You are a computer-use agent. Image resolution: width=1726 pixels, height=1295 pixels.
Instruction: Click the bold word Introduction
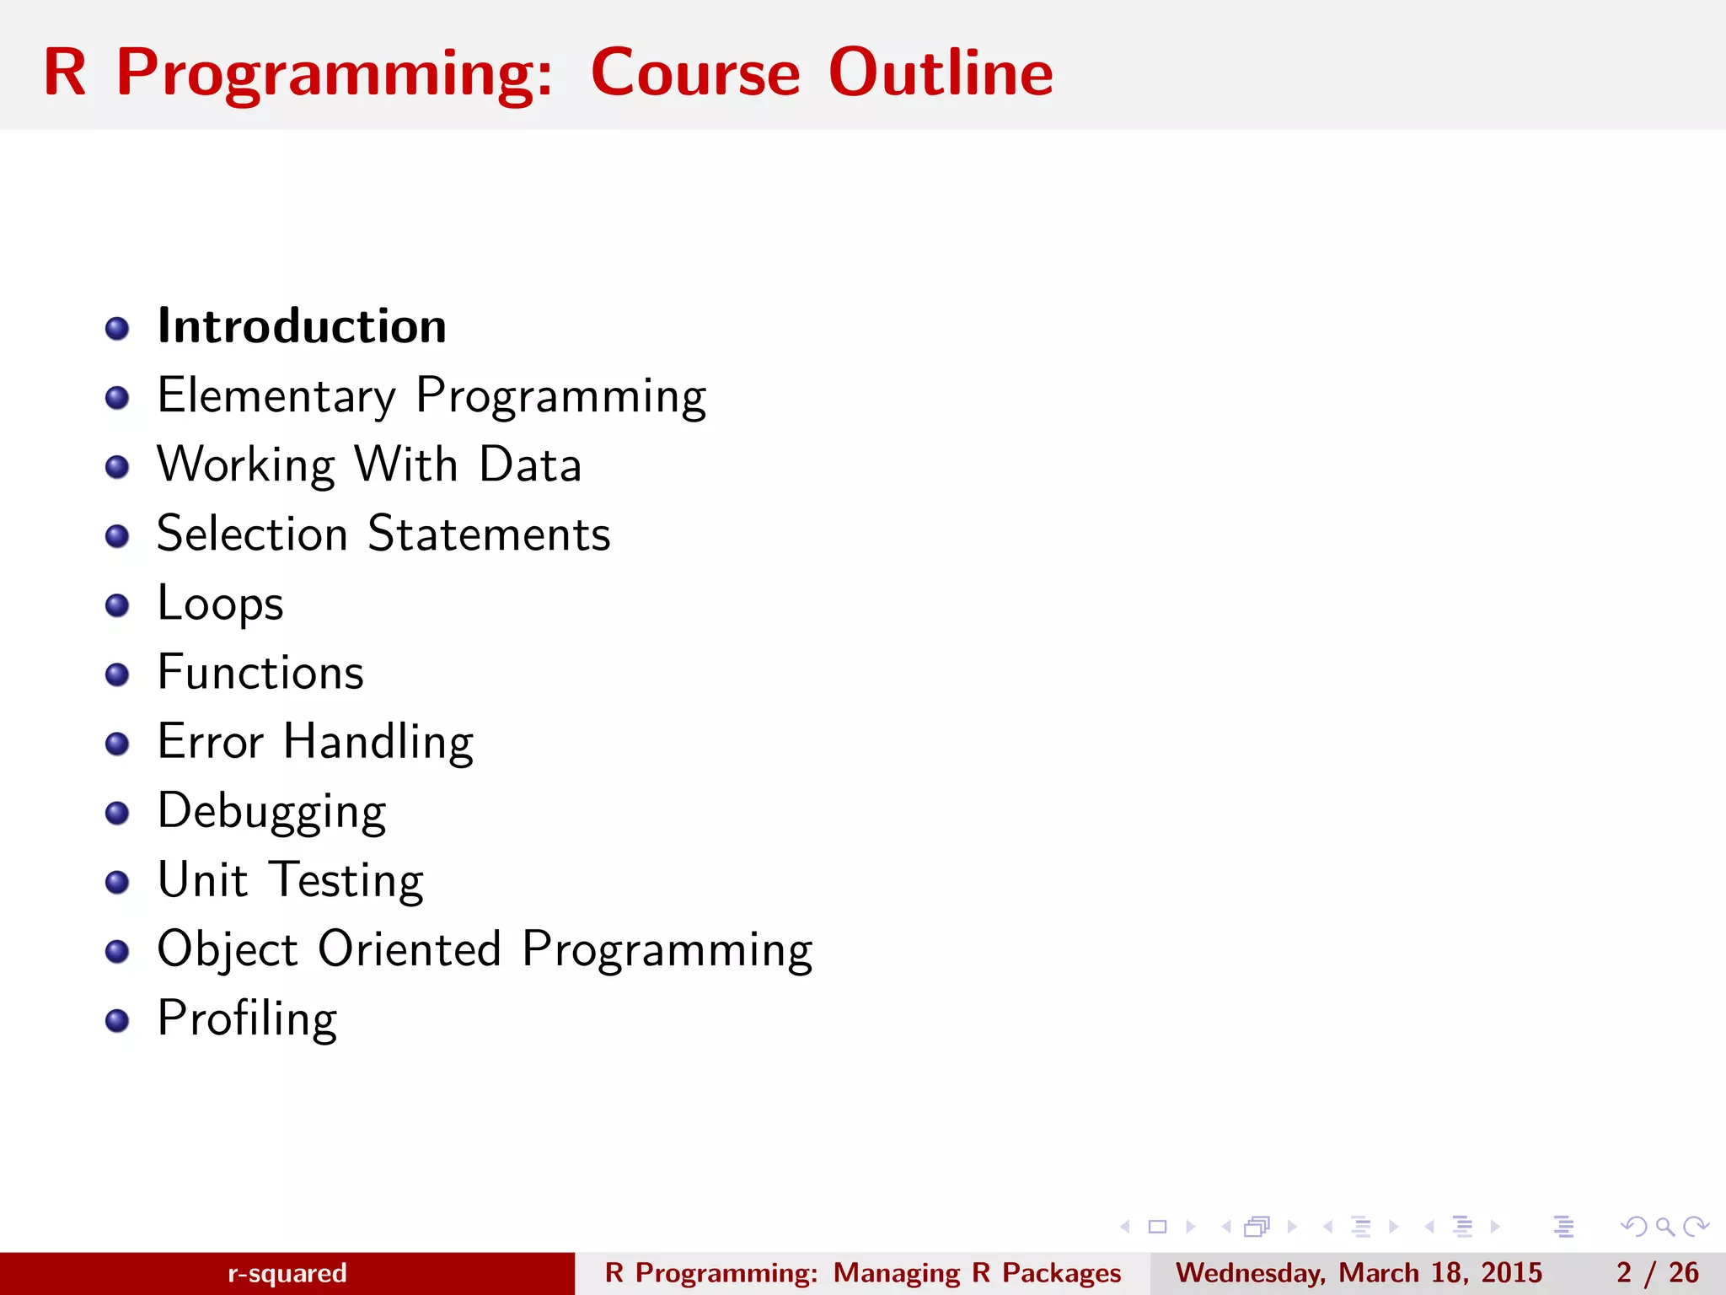(302, 326)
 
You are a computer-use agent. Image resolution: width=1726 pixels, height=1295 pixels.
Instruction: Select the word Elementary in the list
(276, 395)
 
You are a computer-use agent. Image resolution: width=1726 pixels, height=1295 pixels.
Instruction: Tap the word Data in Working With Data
(530, 465)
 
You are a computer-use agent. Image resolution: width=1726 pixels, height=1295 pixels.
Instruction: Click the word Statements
(489, 534)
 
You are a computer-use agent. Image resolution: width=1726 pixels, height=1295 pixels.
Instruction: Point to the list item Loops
(220, 604)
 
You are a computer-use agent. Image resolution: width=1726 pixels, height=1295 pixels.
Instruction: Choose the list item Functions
(260, 673)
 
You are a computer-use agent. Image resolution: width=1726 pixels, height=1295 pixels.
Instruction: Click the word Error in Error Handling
(211, 742)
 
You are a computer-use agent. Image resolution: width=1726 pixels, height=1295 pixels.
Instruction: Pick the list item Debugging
(271, 811)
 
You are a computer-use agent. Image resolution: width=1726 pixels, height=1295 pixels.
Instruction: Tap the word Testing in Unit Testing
(346, 880)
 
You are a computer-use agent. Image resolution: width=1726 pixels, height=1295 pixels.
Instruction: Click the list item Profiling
(247, 1018)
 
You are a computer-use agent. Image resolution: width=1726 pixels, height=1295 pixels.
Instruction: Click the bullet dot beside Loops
(117, 605)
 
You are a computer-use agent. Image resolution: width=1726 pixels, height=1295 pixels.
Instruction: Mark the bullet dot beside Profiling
(117, 1021)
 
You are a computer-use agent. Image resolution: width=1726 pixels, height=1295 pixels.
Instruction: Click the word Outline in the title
(941, 73)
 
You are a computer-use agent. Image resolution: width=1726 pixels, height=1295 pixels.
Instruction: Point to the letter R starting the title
(64, 73)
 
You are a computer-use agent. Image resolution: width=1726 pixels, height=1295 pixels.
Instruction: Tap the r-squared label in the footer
(287, 1273)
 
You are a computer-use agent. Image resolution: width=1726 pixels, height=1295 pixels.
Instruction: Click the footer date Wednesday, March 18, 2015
(1359, 1273)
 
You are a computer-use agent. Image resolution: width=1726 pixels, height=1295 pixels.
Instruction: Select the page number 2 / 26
(1657, 1273)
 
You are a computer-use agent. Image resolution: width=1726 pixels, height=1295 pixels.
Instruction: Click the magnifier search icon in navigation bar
(1664, 1227)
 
